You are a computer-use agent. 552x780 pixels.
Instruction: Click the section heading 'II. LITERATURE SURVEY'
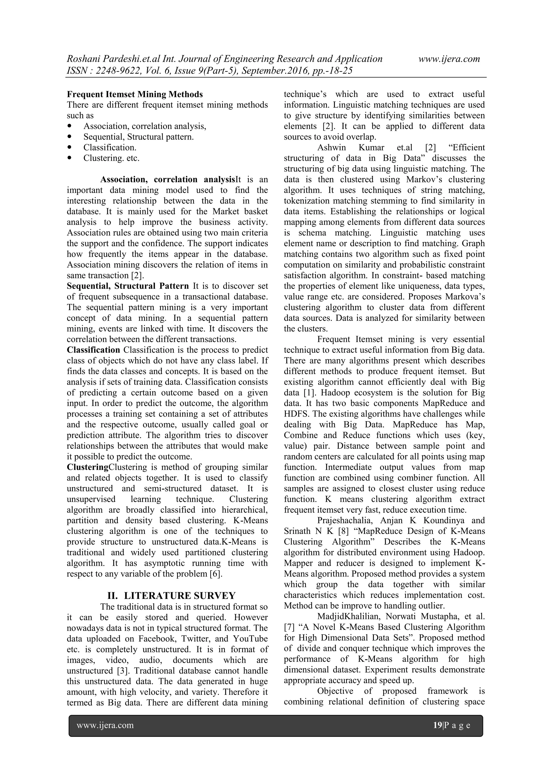171,596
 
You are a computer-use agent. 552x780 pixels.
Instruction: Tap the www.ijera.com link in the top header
449,59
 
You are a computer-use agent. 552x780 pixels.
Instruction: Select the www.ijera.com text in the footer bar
105,725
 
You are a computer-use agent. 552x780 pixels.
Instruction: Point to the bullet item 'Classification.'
110,147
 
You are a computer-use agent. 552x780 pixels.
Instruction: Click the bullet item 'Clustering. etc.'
112,158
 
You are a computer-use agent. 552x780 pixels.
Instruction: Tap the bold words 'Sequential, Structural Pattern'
128,286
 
